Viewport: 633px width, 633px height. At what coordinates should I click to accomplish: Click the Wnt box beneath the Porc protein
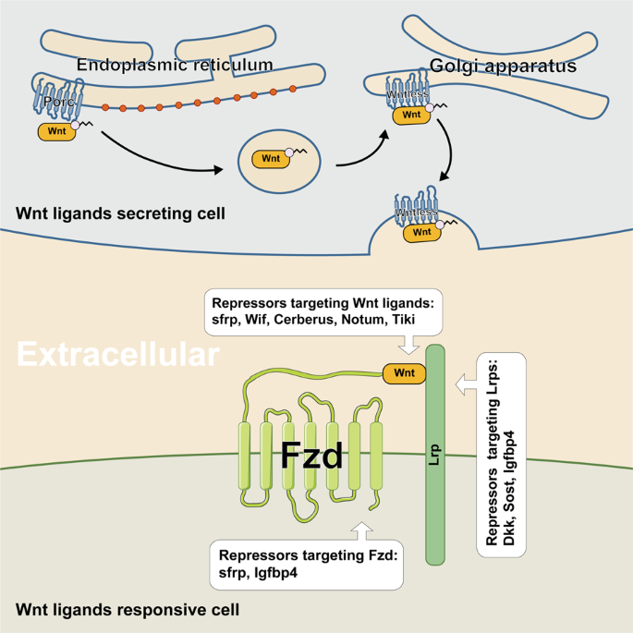coord(57,132)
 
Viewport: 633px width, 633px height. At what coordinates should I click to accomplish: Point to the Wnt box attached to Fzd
coord(405,373)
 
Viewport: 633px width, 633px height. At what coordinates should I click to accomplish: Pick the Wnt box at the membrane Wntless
coord(422,232)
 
